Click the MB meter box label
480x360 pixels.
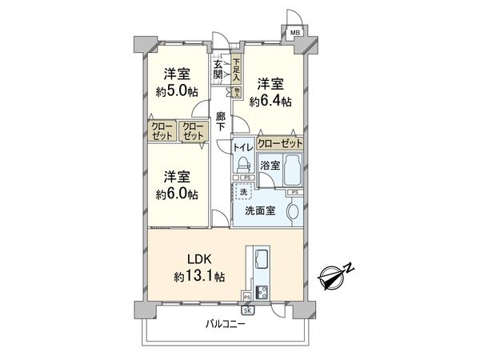tap(295, 32)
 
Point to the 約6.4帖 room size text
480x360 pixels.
tap(270, 102)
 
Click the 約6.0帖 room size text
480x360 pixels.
tap(178, 194)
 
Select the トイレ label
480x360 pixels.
tap(242, 148)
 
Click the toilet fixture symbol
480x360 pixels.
tap(241, 165)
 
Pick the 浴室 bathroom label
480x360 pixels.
tap(270, 166)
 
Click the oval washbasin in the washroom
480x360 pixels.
tap(293, 212)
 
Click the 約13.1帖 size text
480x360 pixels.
tap(201, 277)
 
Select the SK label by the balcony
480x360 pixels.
tap(247, 310)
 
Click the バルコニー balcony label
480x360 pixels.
tap(225, 325)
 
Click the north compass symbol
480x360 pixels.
tap(334, 278)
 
